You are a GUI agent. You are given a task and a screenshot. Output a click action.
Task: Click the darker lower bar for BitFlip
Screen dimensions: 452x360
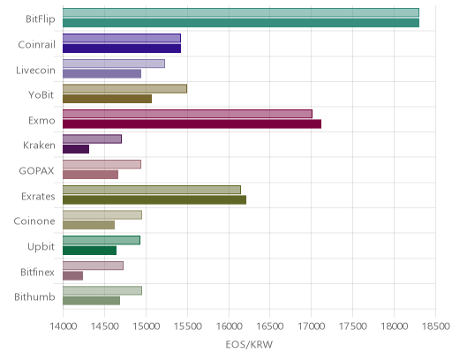(241, 23)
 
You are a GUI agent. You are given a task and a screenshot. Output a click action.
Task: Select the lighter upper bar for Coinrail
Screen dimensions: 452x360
(122, 38)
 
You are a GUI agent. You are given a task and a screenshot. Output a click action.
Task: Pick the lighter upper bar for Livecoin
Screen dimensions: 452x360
(114, 64)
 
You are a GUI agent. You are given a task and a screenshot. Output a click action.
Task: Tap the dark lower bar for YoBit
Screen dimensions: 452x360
(108, 99)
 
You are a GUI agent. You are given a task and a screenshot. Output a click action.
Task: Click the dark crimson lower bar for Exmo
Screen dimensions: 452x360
(192, 124)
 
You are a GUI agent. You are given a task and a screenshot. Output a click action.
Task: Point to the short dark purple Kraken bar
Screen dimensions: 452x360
(76, 149)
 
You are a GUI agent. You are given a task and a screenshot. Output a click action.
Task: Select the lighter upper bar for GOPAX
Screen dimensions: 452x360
(102, 164)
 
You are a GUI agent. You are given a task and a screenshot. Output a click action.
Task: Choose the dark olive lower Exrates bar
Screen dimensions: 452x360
(154, 200)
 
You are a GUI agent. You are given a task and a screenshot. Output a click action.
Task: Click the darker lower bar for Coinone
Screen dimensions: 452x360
(88, 225)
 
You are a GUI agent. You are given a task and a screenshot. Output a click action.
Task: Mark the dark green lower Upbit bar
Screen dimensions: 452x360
(89, 251)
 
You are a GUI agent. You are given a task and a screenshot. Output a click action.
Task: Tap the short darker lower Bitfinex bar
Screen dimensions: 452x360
(72, 276)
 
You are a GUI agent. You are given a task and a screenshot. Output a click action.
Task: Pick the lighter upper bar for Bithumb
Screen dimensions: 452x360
(102, 290)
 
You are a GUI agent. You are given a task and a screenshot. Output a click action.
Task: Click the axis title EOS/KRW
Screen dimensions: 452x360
(249, 344)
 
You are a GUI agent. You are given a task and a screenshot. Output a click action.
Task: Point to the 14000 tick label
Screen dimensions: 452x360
(63, 326)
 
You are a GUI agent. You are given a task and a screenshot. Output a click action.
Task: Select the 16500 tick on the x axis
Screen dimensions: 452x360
(270, 326)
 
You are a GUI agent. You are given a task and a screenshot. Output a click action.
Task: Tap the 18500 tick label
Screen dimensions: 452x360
(436, 326)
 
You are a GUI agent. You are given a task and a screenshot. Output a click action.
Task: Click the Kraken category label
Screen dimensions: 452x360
(39, 146)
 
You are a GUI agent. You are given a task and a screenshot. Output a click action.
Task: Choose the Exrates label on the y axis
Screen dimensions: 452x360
(38, 196)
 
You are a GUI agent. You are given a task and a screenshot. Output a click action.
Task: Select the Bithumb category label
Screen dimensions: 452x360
(34, 296)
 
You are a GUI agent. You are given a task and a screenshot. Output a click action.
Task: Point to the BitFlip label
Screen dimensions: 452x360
(41, 19)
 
